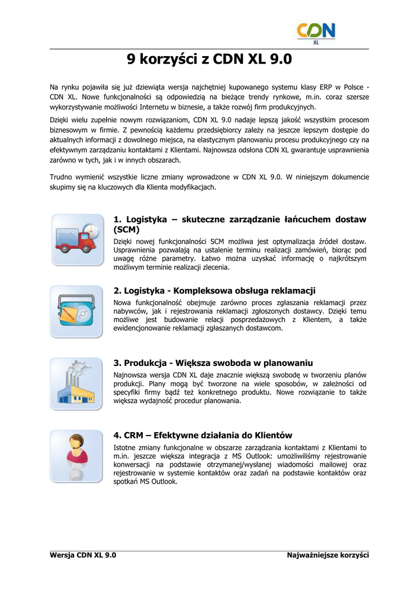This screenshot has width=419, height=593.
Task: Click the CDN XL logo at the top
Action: coord(316,33)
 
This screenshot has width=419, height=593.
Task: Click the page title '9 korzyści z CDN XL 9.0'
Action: coord(209,60)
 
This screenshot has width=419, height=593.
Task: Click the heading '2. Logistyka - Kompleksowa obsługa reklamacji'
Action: coord(214,291)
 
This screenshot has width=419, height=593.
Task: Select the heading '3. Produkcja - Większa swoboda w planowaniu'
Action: coord(213,363)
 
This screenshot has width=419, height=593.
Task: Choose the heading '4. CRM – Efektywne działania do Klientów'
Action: coord(203,435)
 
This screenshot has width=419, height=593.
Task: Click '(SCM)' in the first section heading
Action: coord(127,230)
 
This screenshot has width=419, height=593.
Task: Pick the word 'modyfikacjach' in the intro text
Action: coord(190,188)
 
